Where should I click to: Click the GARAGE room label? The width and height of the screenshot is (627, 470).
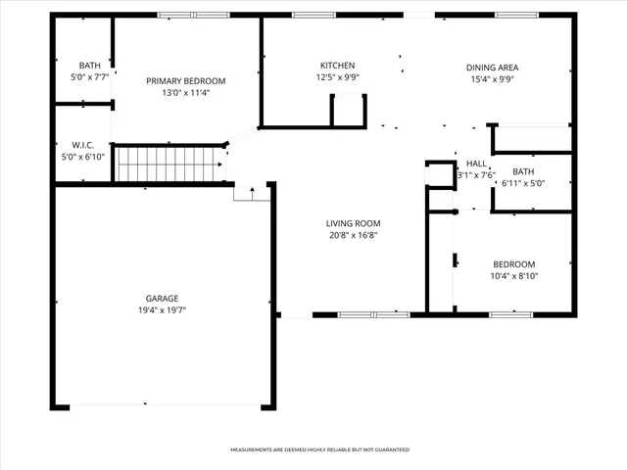coord(163,298)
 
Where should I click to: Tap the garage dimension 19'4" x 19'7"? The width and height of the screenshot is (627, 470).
coord(163,309)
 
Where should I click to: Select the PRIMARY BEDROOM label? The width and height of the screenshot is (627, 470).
coord(186,80)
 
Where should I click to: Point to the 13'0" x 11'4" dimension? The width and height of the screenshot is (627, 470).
coord(186,93)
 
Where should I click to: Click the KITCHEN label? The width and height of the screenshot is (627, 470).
coord(337,66)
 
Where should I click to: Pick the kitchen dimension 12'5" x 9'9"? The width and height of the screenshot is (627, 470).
coord(337,77)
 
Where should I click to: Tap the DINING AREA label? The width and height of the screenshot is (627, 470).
coord(492,68)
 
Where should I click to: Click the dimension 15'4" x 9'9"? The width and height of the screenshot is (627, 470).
coord(492,80)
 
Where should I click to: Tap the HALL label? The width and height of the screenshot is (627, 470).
coord(476,164)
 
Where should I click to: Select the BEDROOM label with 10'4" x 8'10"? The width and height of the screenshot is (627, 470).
coord(513,264)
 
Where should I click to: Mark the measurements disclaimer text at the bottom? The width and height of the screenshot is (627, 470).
coord(319,449)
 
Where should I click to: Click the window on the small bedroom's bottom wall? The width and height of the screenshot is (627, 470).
coord(510,314)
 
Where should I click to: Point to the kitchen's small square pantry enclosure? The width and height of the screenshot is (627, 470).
coord(348,111)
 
